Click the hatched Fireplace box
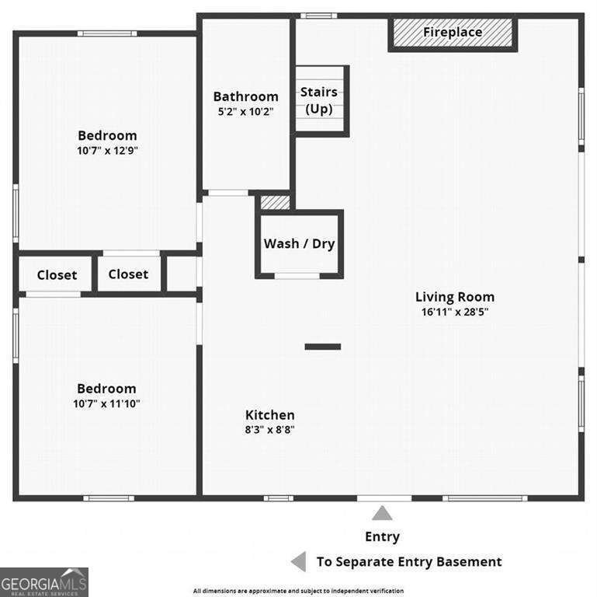pos(453,33)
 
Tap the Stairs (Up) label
pos(318,100)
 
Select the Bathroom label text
pos(245,97)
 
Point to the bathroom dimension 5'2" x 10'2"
pos(245,112)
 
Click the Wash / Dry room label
pos(299,243)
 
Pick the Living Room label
pos(454,297)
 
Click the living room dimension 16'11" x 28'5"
pos(454,312)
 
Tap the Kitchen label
pos(269,415)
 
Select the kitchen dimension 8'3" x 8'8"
pos(269,429)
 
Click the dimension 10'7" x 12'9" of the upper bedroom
pos(107,150)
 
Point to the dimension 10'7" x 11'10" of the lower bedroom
pos(107,403)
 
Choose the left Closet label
pos(57,275)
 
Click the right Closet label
pos(128,274)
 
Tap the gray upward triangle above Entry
pos(381,513)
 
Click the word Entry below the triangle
pos(382,536)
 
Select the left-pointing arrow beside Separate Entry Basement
pos(298,562)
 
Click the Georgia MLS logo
pos(44,582)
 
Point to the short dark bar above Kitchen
pos(322,347)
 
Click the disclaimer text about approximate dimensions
pos(309,590)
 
